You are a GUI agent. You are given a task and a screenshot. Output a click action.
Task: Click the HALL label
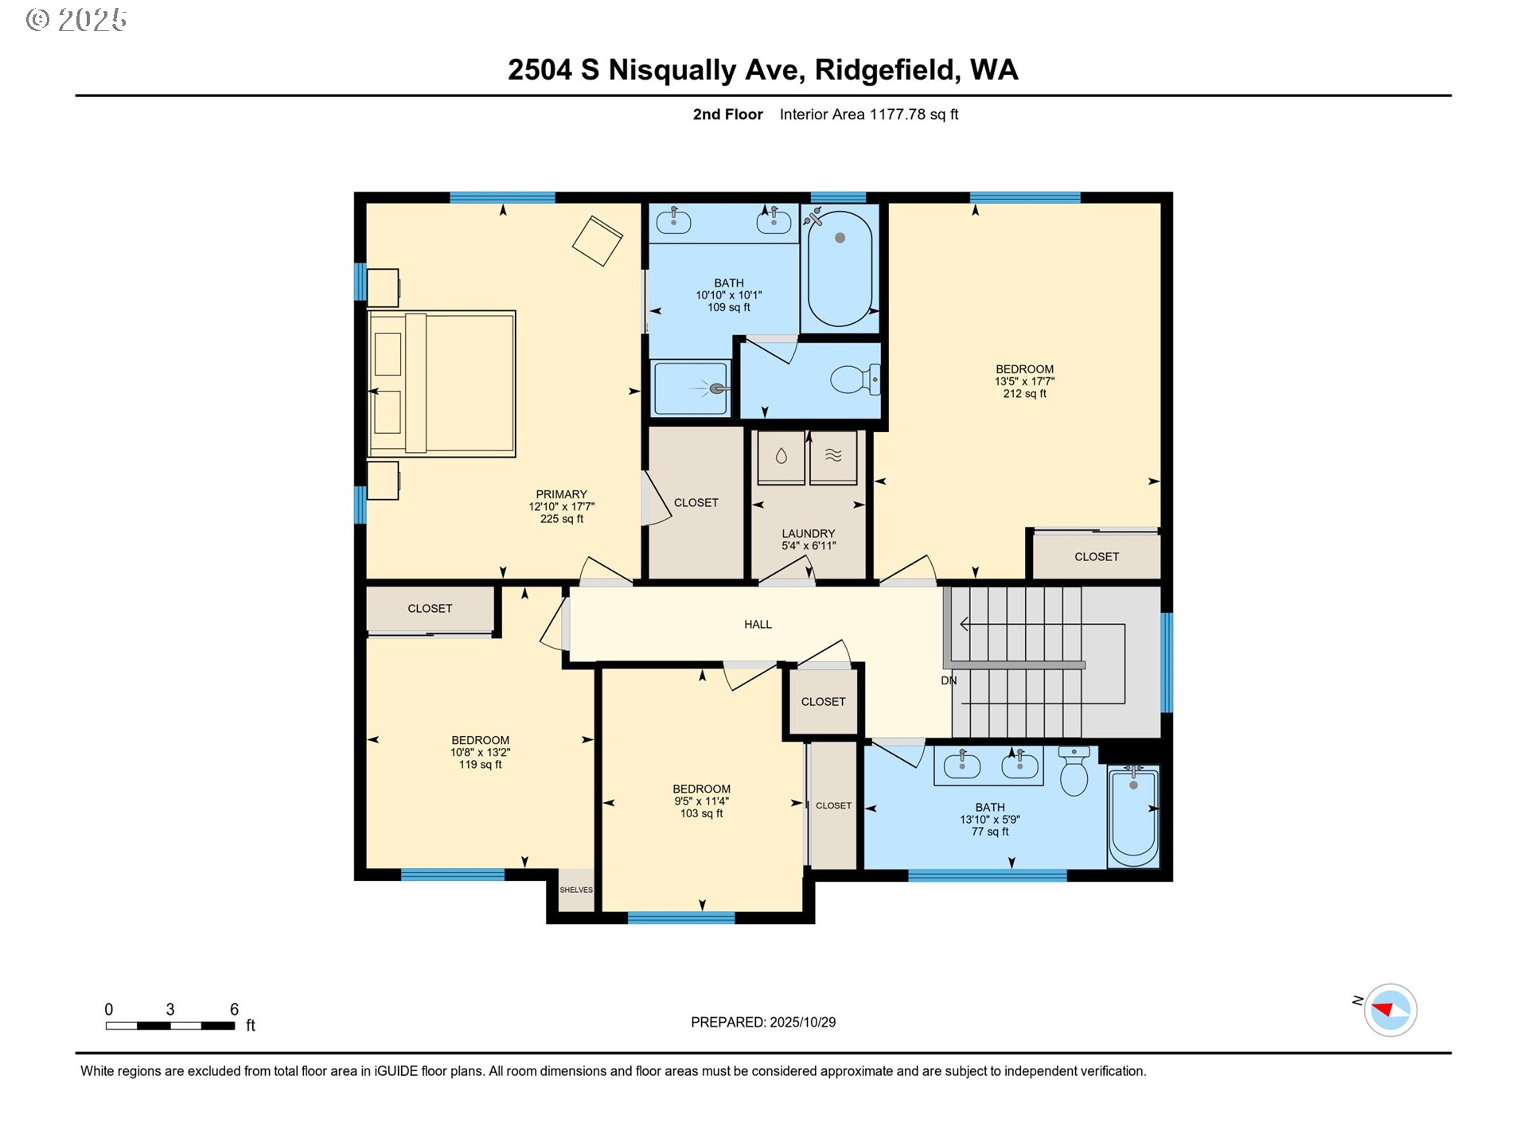coord(758,625)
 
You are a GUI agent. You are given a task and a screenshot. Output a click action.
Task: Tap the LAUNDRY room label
coord(808,534)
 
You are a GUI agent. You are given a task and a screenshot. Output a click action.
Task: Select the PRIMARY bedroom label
coord(561,494)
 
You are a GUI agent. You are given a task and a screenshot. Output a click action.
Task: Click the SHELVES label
coord(576,890)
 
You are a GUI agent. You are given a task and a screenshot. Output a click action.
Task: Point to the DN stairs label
coord(949,680)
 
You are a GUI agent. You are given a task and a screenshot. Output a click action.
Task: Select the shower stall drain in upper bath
coord(717,388)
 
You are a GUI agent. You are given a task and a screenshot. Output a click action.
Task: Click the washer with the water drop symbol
coord(781,458)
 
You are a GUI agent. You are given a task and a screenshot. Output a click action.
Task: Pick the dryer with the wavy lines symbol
coord(833,458)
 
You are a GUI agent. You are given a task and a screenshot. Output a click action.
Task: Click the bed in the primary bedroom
coord(442,384)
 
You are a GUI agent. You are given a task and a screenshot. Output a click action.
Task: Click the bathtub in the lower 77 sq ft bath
coord(1133,817)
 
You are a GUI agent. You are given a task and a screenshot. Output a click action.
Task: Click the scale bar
coord(170,1026)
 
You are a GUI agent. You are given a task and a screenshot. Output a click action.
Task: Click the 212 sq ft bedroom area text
coord(1024,394)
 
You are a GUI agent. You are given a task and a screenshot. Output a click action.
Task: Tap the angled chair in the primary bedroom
coord(597,240)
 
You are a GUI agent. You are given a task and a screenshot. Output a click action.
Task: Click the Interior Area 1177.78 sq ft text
coord(868,115)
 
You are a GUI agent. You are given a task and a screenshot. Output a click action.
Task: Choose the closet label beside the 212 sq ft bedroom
coord(1097,557)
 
